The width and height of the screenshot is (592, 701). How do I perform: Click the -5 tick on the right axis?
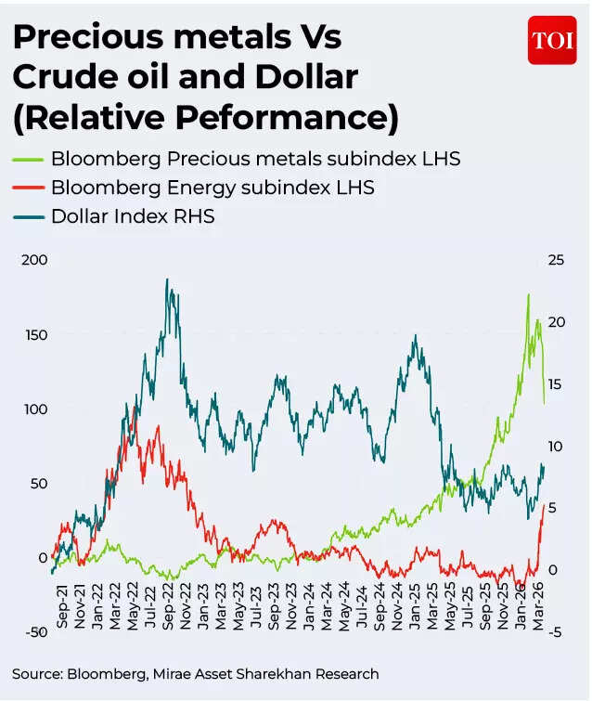[x=554, y=632]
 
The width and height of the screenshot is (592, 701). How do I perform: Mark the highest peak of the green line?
[x=528, y=295]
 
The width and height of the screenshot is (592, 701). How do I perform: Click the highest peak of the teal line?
[x=167, y=279]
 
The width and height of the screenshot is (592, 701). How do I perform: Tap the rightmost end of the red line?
[x=545, y=504]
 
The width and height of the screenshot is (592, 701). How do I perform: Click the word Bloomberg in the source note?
[x=101, y=673]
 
